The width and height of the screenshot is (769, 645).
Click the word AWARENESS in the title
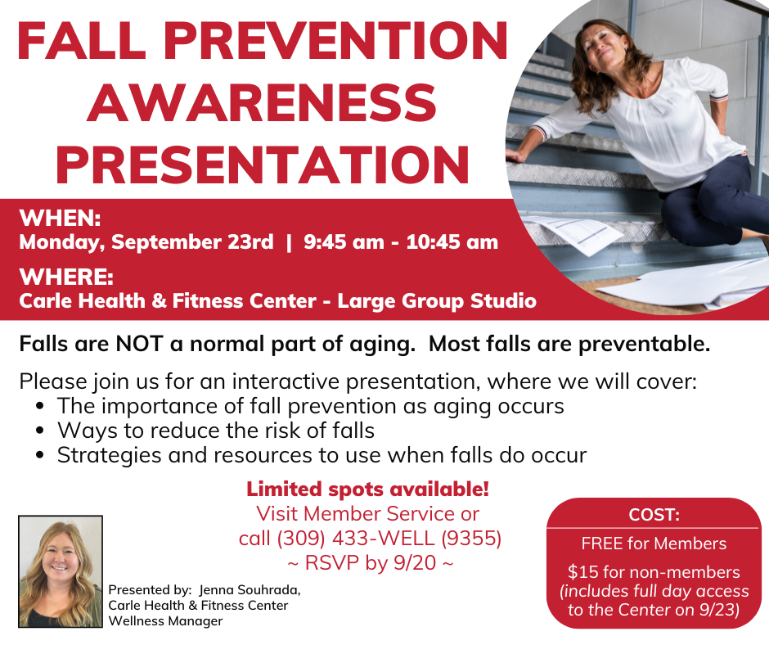(262, 102)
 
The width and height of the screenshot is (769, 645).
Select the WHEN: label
(60, 218)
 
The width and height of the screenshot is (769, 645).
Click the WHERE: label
(66, 277)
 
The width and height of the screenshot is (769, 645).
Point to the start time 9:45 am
(344, 242)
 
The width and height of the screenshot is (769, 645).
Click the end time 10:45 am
(452, 242)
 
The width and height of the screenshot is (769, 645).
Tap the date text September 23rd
(192, 242)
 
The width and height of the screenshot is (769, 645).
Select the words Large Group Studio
(437, 301)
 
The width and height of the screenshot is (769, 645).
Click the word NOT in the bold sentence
(139, 344)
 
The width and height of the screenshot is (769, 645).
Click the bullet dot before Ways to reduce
(40, 431)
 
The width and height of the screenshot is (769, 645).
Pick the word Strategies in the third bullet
(110, 456)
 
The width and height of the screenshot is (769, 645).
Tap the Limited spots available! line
(368, 489)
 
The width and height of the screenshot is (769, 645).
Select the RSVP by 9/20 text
(371, 562)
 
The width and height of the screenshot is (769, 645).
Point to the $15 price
(583, 572)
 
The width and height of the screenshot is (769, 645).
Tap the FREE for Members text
(654, 544)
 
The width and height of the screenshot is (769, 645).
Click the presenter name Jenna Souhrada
(250, 589)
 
